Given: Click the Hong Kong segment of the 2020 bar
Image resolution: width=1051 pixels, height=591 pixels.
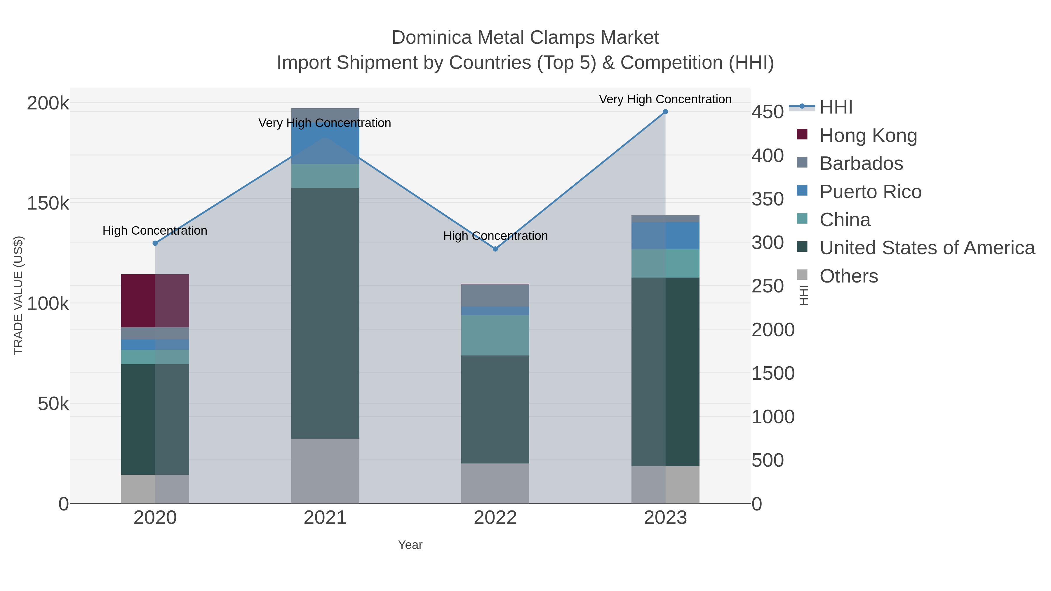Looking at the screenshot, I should tap(155, 301).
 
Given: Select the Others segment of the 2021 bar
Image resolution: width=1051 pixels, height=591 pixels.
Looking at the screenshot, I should tap(325, 471).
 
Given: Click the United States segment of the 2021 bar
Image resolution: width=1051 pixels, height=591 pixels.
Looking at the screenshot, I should tap(325, 313).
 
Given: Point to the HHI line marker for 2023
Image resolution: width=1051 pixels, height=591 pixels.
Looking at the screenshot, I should tap(665, 112).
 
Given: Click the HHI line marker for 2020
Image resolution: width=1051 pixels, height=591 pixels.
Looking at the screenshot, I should tap(155, 243).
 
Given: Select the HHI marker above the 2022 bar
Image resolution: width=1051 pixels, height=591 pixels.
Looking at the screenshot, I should tap(495, 249).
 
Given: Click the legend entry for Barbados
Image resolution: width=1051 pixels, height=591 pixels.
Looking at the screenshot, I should tap(861, 163).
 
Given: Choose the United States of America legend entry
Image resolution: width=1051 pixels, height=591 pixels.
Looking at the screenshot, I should tap(926, 248).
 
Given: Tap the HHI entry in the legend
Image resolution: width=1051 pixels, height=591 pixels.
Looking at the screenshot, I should tap(836, 107).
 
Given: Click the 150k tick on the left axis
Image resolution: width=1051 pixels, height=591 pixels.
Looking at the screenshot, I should tap(48, 203).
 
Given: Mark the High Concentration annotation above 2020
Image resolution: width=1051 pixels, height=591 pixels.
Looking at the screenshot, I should tap(155, 231).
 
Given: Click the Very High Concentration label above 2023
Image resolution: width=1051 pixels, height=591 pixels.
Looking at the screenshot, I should tap(665, 99).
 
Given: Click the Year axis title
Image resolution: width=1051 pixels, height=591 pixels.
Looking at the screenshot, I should tap(410, 545).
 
